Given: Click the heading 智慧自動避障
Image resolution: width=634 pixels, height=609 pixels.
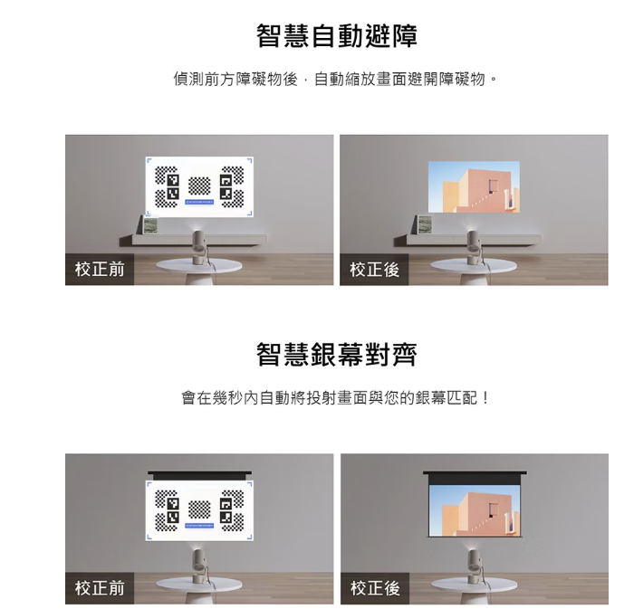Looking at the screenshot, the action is click(x=337, y=36).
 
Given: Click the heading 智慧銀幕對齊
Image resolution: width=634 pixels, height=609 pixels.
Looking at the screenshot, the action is click(x=337, y=354).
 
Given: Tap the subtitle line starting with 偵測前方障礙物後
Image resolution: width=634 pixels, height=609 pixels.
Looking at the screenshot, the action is click(x=335, y=79).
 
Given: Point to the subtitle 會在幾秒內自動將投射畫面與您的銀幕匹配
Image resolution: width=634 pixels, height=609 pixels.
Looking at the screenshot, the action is click(x=335, y=398).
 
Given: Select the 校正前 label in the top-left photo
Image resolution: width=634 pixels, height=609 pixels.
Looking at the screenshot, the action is click(x=100, y=270).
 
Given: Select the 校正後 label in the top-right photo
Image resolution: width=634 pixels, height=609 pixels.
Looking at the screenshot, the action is click(x=374, y=270).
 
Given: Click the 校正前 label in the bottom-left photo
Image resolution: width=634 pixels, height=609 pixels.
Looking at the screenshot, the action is click(x=100, y=588).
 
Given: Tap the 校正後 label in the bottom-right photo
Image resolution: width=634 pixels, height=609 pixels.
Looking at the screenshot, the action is click(x=375, y=588).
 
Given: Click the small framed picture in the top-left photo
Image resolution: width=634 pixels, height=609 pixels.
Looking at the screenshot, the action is click(x=151, y=225).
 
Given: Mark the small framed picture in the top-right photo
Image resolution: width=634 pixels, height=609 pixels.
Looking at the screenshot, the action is click(x=424, y=225).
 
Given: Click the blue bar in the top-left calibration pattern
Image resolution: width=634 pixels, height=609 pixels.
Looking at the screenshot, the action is click(x=199, y=202).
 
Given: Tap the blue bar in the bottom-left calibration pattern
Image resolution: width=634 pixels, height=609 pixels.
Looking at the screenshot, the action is click(x=199, y=526).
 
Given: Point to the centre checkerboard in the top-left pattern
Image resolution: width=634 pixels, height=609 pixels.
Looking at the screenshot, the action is click(x=199, y=186).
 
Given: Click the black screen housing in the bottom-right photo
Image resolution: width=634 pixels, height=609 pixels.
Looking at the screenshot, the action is click(x=475, y=473).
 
